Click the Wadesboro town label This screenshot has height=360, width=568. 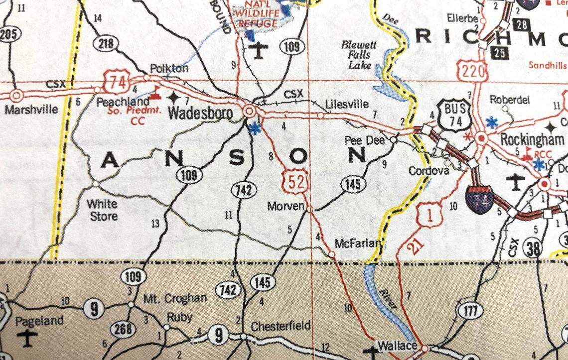point(200,114)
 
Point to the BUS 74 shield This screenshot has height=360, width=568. point(454,116)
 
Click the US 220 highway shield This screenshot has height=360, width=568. point(473,71)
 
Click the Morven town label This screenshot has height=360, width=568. point(285,205)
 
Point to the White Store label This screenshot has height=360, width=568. point(102,210)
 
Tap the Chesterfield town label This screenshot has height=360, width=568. point(280,326)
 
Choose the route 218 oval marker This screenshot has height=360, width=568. point(106,44)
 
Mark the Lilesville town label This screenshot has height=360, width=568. point(347,104)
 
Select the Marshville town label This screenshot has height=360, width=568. point(31,109)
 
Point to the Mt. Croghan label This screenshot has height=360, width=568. point(175,299)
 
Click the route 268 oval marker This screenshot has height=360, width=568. point(123,329)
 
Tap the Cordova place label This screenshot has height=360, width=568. point(428,171)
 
